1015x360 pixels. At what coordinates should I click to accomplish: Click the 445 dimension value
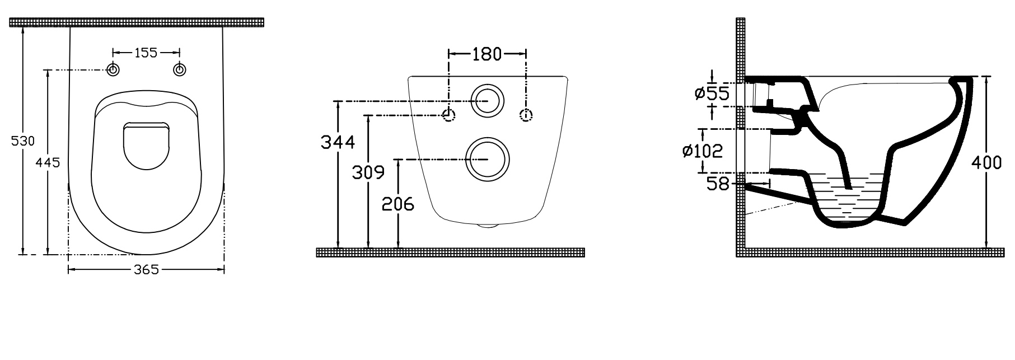point(48,162)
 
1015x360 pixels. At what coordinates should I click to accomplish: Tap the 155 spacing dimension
point(146,53)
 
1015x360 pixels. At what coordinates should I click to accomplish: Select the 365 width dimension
point(146,270)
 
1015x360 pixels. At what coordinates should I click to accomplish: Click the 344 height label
point(338,142)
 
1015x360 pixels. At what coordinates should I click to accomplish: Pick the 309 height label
point(368,172)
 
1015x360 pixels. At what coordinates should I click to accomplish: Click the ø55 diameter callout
point(713,92)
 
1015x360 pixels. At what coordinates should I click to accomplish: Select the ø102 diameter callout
point(703,151)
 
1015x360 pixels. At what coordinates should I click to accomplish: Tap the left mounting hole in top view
point(113,69)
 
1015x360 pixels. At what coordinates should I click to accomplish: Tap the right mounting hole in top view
point(180,69)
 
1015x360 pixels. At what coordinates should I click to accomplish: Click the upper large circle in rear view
point(487,101)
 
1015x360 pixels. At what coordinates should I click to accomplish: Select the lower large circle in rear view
point(487,160)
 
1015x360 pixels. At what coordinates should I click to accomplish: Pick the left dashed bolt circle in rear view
point(448,115)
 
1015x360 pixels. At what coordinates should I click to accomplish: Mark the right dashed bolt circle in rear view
point(526,115)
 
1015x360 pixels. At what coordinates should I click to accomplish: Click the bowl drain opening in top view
point(146,146)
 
